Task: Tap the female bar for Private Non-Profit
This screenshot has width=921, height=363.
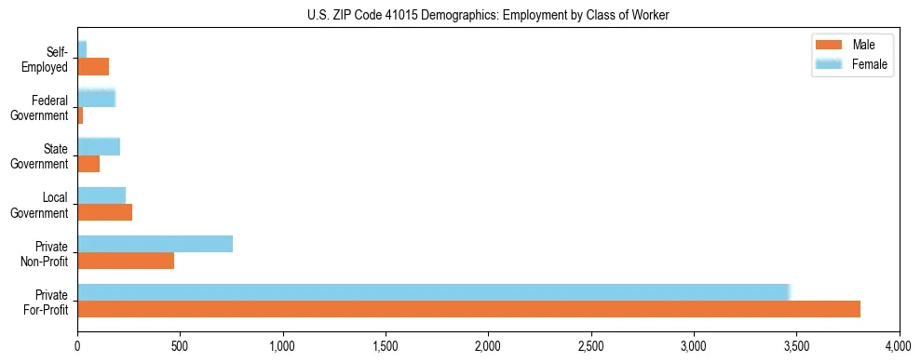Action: pos(155,244)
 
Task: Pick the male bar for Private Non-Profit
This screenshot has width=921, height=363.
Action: pos(126,261)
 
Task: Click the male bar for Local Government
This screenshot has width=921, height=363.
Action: pos(104,212)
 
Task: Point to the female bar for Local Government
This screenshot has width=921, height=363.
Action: pos(102,195)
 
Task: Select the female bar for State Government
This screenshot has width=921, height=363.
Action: pos(99,146)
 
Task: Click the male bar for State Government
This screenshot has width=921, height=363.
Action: pos(88,164)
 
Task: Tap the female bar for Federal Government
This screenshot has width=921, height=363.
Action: pos(96,98)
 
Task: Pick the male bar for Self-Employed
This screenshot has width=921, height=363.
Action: pos(93,66)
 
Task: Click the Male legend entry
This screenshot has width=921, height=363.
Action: pos(851,45)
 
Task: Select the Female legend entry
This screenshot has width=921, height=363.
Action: pos(851,64)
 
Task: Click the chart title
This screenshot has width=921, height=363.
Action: pos(488,16)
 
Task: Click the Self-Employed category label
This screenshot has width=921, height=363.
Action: pos(50,60)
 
